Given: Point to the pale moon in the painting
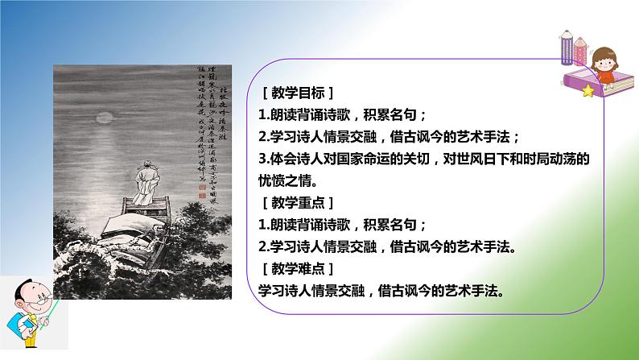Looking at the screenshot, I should (x=102, y=119).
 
